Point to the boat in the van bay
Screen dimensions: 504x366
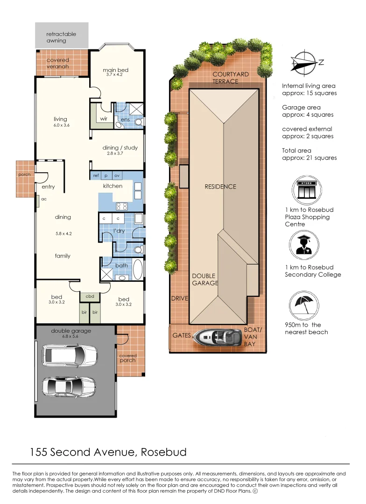(219, 336)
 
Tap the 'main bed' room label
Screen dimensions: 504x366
(115, 70)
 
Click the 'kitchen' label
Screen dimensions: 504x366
(113, 186)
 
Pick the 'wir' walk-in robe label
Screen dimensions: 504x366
(104, 119)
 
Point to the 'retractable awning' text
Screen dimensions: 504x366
(61, 37)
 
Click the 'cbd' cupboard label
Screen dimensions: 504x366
(90, 296)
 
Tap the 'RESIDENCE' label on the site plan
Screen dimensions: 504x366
(220, 187)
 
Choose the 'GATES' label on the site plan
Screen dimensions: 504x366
(182, 336)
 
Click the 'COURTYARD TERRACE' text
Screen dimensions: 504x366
(230, 78)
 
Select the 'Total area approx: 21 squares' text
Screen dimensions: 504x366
(309, 154)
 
